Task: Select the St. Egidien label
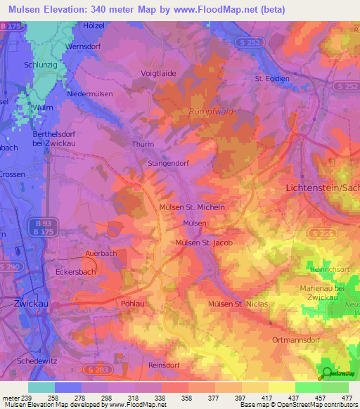click(x=272, y=79)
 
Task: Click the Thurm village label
click(x=143, y=145)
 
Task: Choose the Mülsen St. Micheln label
click(x=192, y=207)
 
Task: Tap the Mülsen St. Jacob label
click(x=203, y=242)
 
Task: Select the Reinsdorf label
click(x=165, y=365)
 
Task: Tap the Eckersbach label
click(x=75, y=270)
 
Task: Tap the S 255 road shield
click(x=320, y=233)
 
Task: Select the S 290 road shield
click(x=10, y=266)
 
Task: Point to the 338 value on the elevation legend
click(x=161, y=397)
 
